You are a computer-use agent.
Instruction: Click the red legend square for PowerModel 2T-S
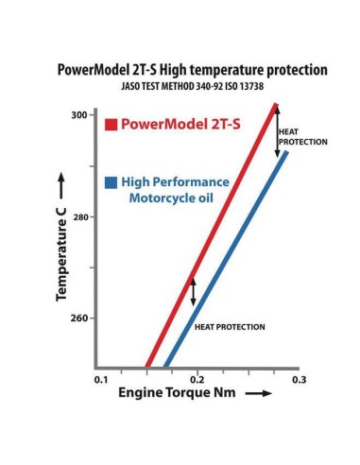111,124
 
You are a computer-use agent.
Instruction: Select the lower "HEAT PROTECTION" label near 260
229,326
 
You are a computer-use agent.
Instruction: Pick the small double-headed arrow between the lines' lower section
194,291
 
